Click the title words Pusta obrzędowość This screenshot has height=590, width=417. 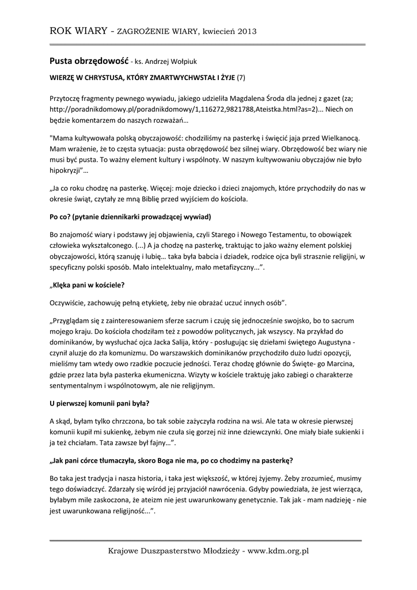(89, 60)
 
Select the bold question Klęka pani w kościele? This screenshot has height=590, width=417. (87, 285)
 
